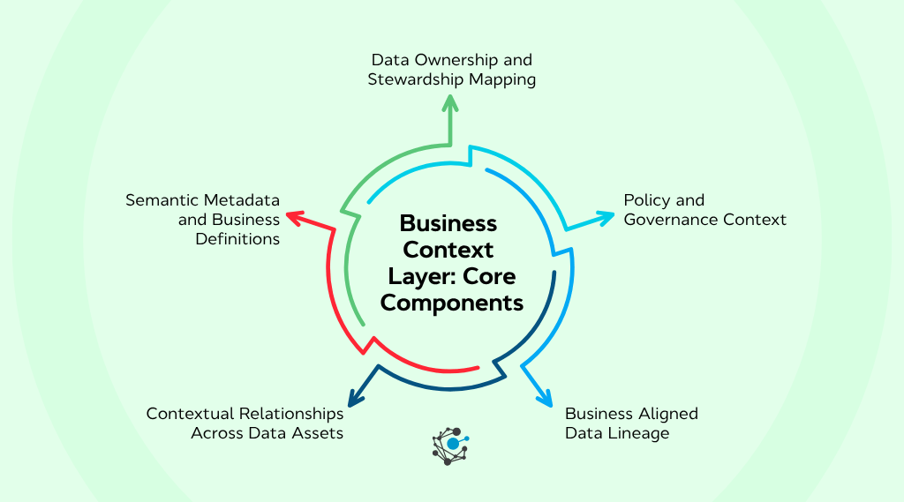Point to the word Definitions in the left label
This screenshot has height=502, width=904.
pyautogui.click(x=237, y=238)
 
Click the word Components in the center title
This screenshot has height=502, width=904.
pyautogui.click(x=452, y=303)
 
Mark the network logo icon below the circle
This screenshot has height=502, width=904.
pyautogui.click(x=451, y=446)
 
